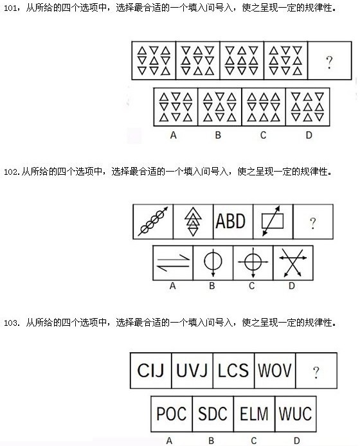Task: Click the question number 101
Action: point(11,8)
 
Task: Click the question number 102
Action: point(11,172)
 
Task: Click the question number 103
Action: point(11,323)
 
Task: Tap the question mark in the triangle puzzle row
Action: point(329,62)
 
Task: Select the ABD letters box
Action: point(231,221)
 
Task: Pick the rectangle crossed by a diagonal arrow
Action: point(273,221)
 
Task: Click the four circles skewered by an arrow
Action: point(153,221)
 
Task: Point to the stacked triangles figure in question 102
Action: point(193,221)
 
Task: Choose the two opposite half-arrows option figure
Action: point(173,263)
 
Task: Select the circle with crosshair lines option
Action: point(253,262)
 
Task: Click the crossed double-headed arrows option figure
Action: point(293,263)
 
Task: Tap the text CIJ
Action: point(150,370)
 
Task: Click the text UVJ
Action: point(192,370)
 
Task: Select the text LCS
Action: point(233,370)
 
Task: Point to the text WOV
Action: point(274,370)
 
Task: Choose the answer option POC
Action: point(171,414)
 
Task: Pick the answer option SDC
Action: point(213,414)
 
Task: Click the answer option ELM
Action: point(254,414)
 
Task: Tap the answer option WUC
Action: point(296,414)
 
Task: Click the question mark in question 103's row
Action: point(316,372)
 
